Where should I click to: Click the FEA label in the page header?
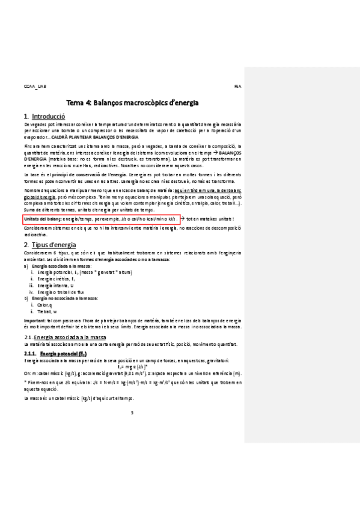point(237,87)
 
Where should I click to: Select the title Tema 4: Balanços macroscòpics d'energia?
point(132,103)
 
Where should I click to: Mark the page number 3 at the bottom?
point(132,412)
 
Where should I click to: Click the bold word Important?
point(35,321)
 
